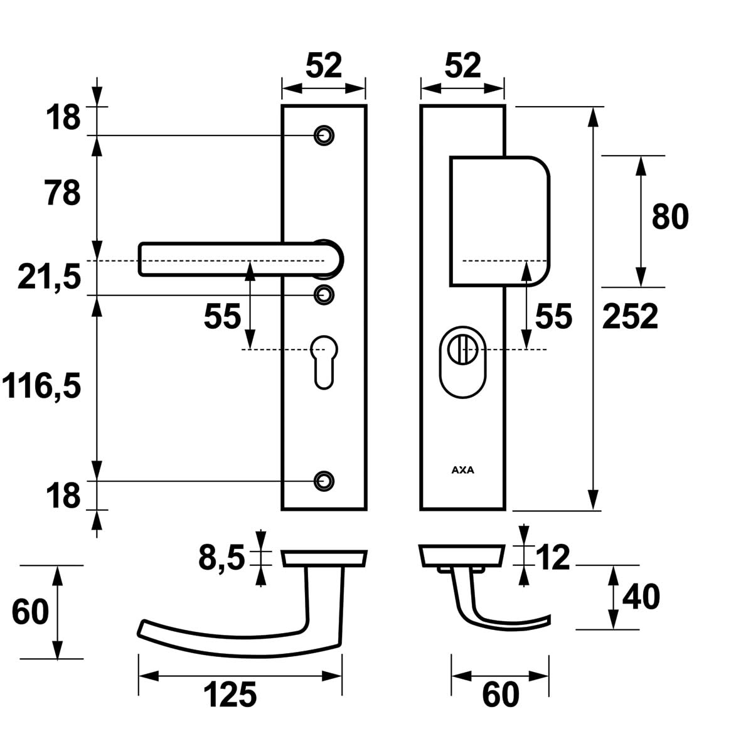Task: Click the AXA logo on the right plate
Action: pyautogui.click(x=463, y=469)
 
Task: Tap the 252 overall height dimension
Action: pyautogui.click(x=630, y=316)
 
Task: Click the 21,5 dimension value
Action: pyautogui.click(x=50, y=276)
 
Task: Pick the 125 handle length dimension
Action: pyautogui.click(x=230, y=695)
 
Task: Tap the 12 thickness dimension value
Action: pyautogui.click(x=553, y=557)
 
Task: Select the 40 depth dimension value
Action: pyautogui.click(x=641, y=597)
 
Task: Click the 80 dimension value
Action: pyautogui.click(x=670, y=216)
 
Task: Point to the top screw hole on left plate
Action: pyautogui.click(x=324, y=135)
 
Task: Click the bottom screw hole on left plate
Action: pyautogui.click(x=324, y=480)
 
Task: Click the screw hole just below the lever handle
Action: pyautogui.click(x=324, y=294)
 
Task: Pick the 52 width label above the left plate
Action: pyautogui.click(x=324, y=65)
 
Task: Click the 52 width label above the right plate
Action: pyautogui.click(x=462, y=65)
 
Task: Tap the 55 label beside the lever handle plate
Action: pyautogui.click(x=222, y=317)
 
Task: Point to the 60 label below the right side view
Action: pyautogui.click(x=501, y=695)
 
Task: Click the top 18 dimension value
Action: pyautogui.click(x=63, y=117)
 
